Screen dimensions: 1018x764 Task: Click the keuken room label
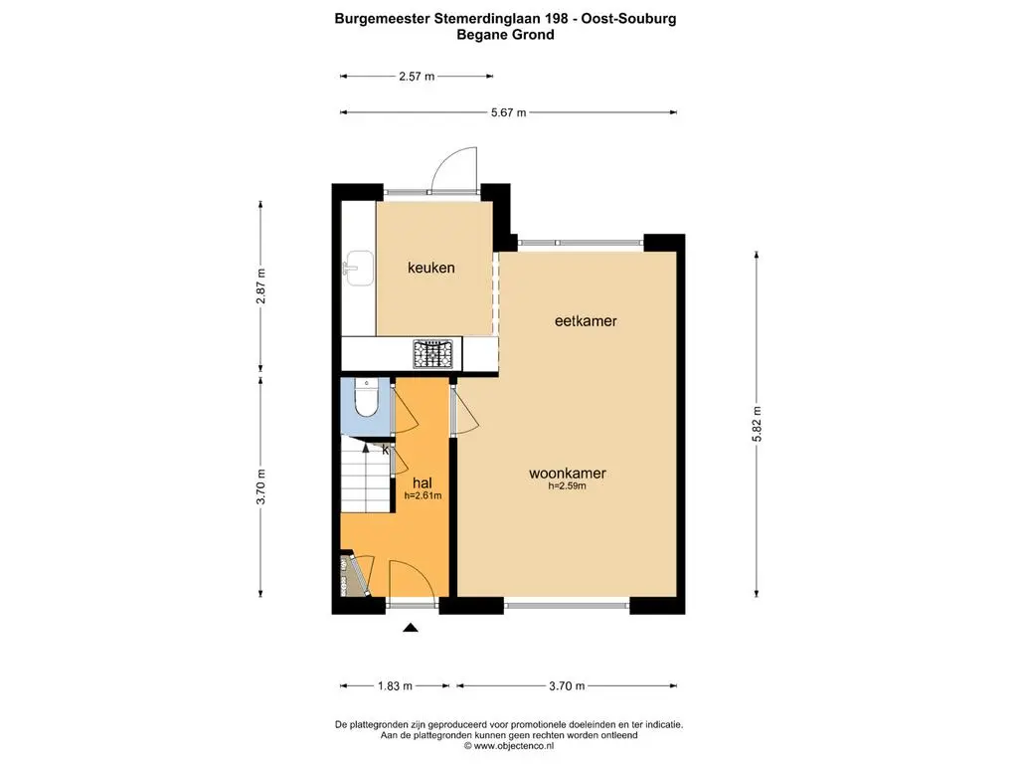coord(431,267)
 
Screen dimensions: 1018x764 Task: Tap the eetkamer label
coord(586,320)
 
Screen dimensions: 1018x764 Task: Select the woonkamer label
coord(568,473)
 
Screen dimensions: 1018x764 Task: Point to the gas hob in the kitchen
coord(433,355)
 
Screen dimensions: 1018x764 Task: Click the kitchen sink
coord(358,268)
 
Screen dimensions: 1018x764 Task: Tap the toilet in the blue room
coord(366,398)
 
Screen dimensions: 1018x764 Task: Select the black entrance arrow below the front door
coord(411,627)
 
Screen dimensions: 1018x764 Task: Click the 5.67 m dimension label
coord(508,112)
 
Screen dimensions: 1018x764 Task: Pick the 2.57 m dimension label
coord(417,76)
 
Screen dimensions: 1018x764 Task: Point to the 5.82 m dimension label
coord(757,424)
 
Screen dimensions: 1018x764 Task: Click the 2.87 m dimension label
coord(261,286)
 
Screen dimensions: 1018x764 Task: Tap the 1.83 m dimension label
coord(395,685)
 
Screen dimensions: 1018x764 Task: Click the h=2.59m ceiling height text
coord(568,485)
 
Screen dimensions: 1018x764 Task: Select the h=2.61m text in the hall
coord(423,495)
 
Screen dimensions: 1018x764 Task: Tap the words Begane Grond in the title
coord(505,35)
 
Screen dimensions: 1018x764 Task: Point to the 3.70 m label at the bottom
coord(567,685)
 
